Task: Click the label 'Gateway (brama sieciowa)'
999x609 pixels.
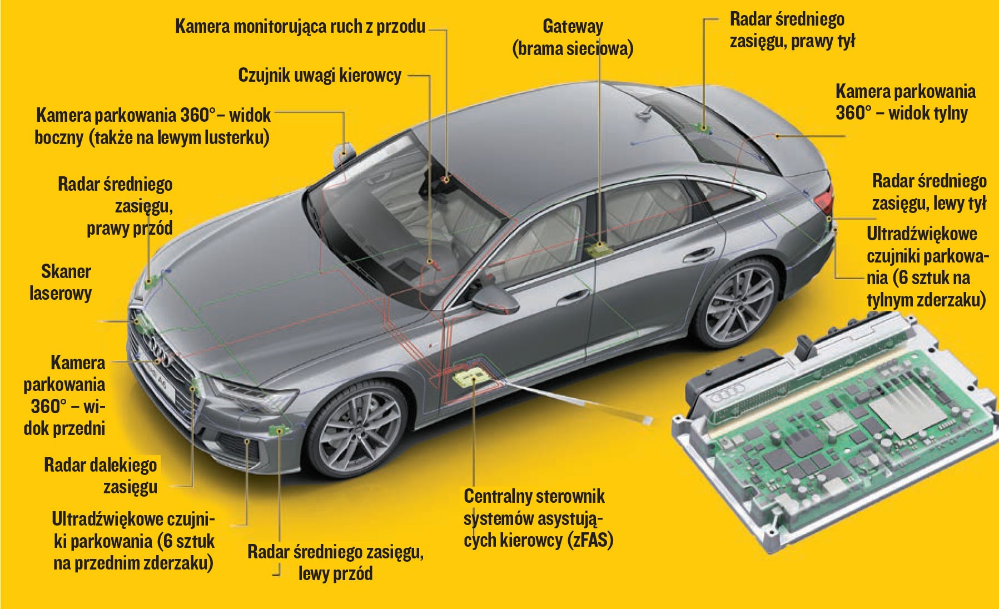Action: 573,37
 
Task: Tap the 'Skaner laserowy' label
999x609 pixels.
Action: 61,283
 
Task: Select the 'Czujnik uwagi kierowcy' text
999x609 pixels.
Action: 319,76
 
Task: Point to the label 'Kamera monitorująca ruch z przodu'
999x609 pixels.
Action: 300,26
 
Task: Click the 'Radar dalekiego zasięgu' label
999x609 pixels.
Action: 101,476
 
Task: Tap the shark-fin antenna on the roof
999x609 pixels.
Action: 645,115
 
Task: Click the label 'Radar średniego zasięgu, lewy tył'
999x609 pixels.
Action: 929,192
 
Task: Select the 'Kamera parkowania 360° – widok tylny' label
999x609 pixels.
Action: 904,102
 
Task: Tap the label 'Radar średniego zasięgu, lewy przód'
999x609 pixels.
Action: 335,562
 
